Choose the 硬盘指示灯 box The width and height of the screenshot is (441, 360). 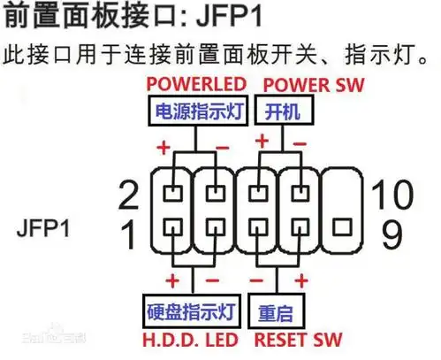[x=190, y=311]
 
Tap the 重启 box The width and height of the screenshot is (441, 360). [x=279, y=312]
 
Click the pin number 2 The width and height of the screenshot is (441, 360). [x=129, y=193]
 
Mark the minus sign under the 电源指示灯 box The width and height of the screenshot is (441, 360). [x=222, y=144]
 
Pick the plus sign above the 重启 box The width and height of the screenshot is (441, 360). [x=300, y=282]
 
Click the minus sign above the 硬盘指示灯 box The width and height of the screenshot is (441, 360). [x=212, y=282]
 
